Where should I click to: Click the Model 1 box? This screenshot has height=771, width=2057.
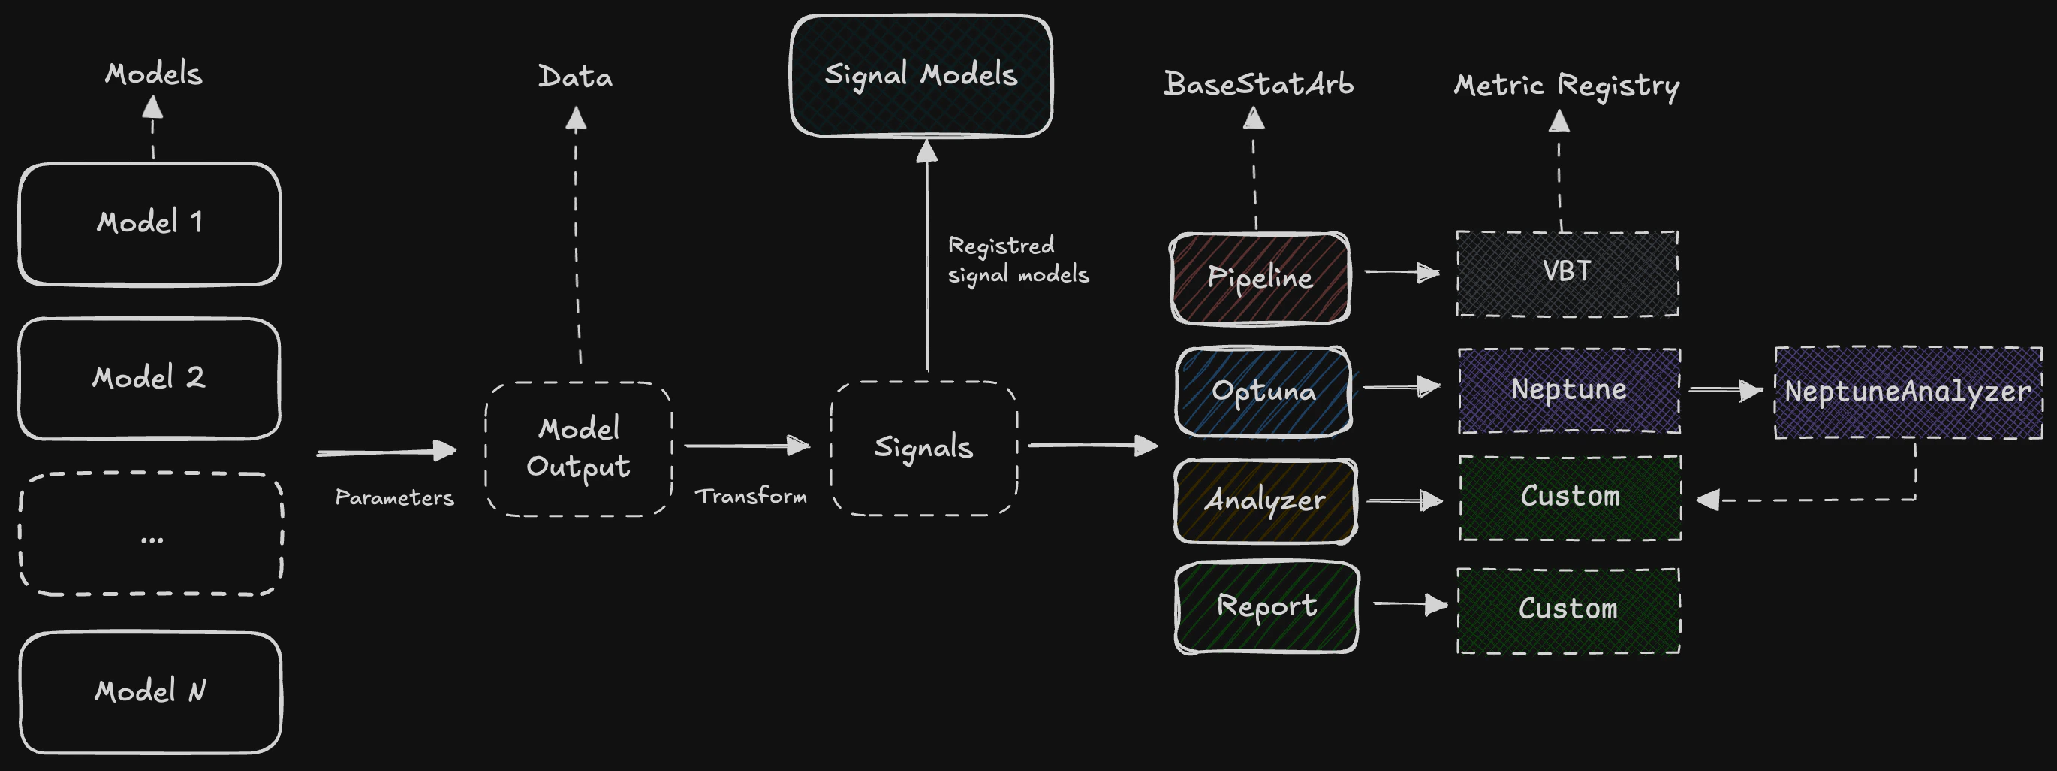coord(149,224)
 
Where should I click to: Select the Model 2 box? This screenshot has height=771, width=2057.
coord(149,379)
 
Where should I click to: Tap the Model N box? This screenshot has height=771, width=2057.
coord(150,692)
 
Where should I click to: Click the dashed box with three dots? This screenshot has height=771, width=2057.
coord(151,534)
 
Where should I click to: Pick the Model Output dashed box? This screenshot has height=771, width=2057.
coord(579,449)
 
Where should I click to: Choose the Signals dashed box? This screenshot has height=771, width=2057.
coord(924,448)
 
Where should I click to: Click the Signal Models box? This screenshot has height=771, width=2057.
coord(920,76)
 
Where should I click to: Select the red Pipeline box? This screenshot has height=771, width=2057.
coord(1260,278)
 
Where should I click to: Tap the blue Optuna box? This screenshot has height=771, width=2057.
coord(1263,392)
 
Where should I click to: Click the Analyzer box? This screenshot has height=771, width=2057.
coord(1266,501)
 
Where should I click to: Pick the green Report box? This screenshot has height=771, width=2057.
coord(1266,607)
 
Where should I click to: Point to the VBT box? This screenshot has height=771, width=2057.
coord(1568,274)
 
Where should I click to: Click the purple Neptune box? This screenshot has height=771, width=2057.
coord(1569,391)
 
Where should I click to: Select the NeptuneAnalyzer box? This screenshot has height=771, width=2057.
coord(1908,392)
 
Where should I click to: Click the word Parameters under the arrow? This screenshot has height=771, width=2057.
coord(394,498)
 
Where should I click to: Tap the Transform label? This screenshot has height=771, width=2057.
coord(751,497)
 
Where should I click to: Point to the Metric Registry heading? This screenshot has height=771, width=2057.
coord(1566,86)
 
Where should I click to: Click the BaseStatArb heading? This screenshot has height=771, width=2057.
coord(1258,84)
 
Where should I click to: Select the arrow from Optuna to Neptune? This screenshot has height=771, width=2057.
coord(1402,388)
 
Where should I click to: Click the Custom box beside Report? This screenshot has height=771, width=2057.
coord(1568,610)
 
